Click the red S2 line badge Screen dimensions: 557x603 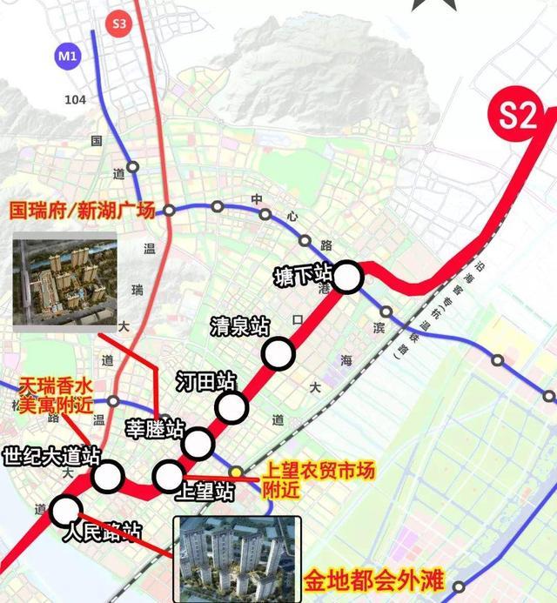pos(519,117)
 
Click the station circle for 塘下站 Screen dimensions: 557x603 pos(347,278)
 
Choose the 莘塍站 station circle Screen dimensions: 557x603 pos(198,443)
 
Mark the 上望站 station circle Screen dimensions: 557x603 pos(167,475)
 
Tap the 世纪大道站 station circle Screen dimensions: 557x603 pos(108,476)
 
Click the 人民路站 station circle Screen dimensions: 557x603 pos(65,510)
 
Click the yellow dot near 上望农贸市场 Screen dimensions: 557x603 pos(236,471)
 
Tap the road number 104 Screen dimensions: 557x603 pos(76,100)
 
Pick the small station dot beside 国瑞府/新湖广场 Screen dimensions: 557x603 pos(170,210)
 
